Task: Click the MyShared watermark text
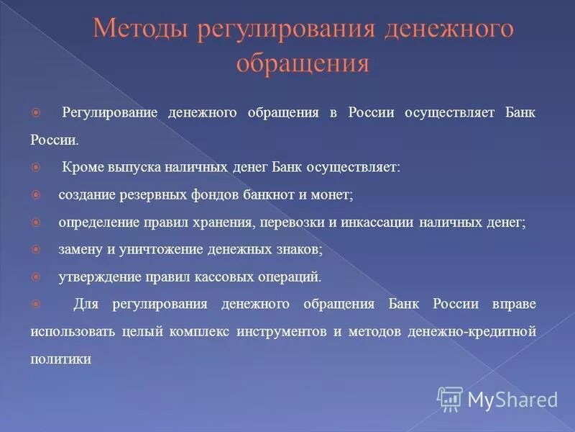click(x=512, y=399)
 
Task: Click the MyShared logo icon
click(x=450, y=398)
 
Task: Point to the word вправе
click(x=514, y=304)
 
